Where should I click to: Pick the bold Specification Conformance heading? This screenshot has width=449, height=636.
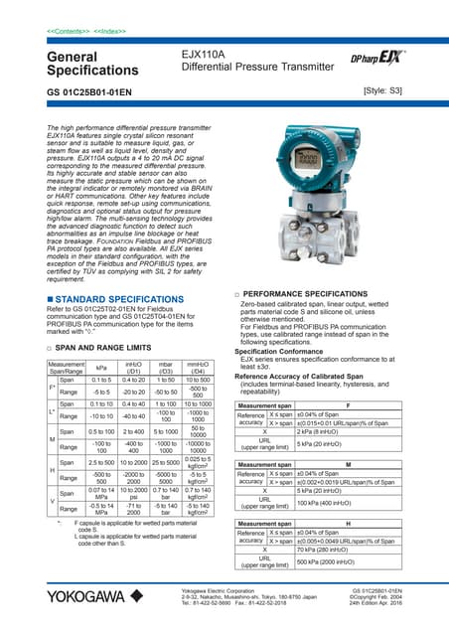288,352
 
